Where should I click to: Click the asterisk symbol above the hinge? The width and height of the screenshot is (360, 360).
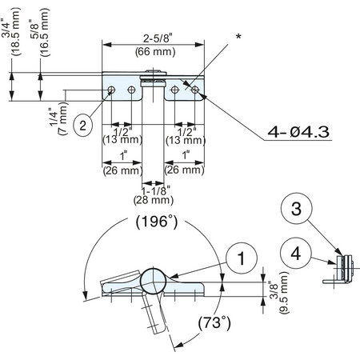pyautogui.click(x=238, y=38)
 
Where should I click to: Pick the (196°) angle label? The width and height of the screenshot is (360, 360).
pyautogui.click(x=158, y=222)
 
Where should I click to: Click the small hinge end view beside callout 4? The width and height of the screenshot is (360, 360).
pyautogui.click(x=342, y=267)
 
